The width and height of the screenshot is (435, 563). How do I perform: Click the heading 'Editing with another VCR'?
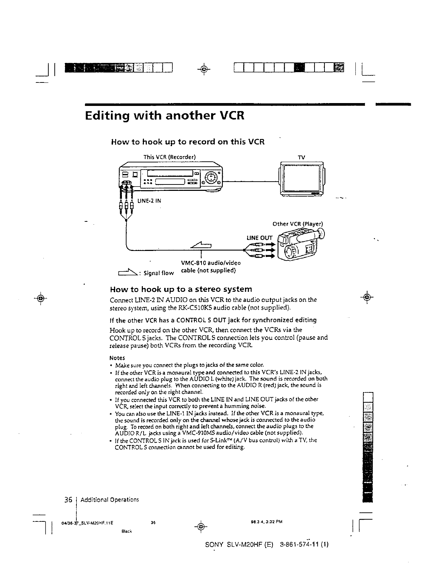pos(165,116)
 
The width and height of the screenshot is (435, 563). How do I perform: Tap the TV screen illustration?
pos(301,178)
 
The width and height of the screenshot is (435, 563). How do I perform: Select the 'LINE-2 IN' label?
pos(149,201)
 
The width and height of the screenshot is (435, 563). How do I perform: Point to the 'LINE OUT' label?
pos(259,238)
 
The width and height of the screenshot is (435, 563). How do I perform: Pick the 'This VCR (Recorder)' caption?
pos(170,157)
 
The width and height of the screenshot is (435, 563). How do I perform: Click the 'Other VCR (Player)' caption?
pos(297,224)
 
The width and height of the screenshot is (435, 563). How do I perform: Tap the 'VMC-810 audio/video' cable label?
pos(211,263)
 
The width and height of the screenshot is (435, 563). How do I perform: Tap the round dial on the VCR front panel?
pos(211,177)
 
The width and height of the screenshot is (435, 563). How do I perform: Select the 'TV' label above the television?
pos(301,157)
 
